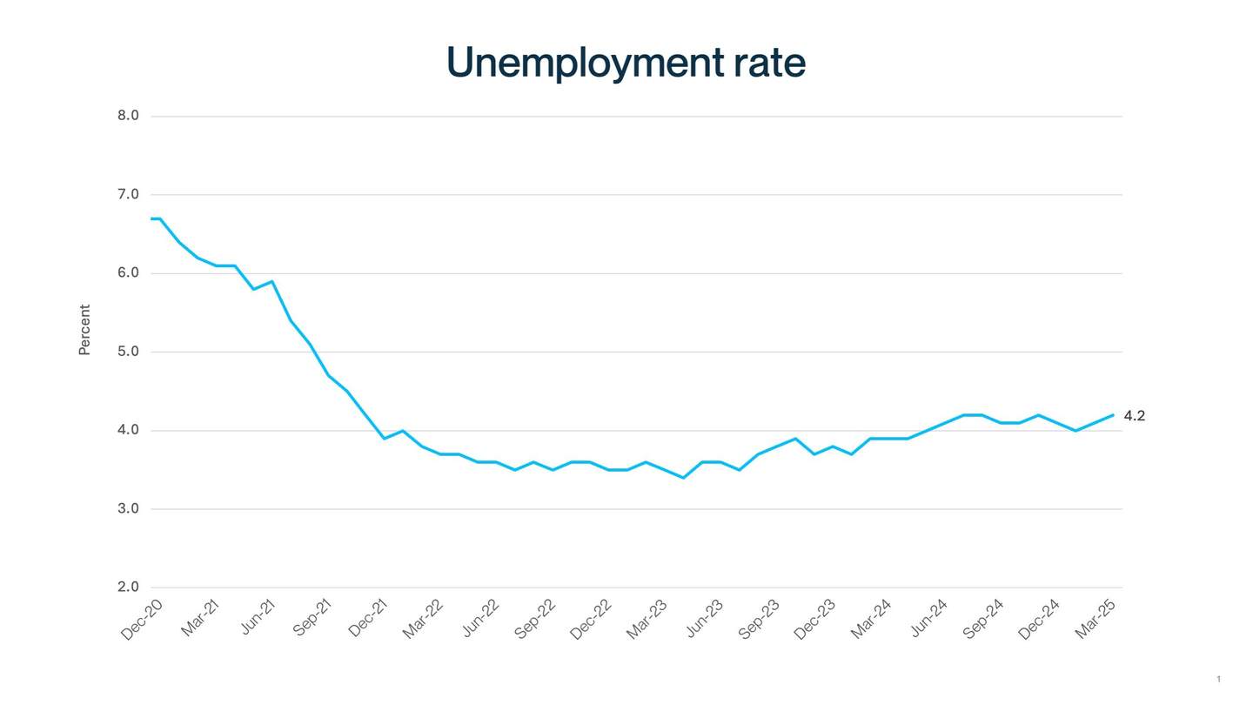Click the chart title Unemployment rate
(626, 63)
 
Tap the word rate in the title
(768, 63)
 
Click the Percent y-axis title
(84, 330)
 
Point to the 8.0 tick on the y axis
(128, 116)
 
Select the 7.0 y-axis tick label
(128, 194)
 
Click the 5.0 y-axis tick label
(128, 352)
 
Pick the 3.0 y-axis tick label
(128, 508)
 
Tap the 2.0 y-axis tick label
(128, 587)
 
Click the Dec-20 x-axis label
(142, 620)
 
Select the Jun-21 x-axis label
(258, 617)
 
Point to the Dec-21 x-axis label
(368, 619)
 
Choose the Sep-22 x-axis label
(535, 619)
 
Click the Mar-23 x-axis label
(647, 619)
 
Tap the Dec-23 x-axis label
(814, 619)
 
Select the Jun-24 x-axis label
(928, 618)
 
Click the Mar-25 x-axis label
(1096, 619)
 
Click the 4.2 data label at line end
(1135, 416)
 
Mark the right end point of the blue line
(1113, 415)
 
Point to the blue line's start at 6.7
(152, 218)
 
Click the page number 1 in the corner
(1218, 679)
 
